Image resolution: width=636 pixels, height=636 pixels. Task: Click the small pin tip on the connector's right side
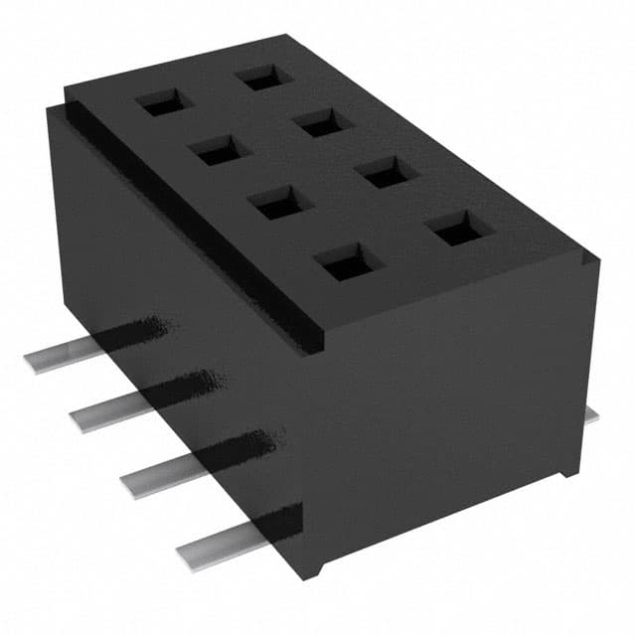coord(591,414)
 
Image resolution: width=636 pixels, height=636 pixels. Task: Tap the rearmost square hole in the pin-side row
coord(164,101)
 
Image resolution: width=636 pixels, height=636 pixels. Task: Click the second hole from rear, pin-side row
coord(218,149)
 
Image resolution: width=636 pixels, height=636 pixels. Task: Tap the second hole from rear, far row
coord(324,122)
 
